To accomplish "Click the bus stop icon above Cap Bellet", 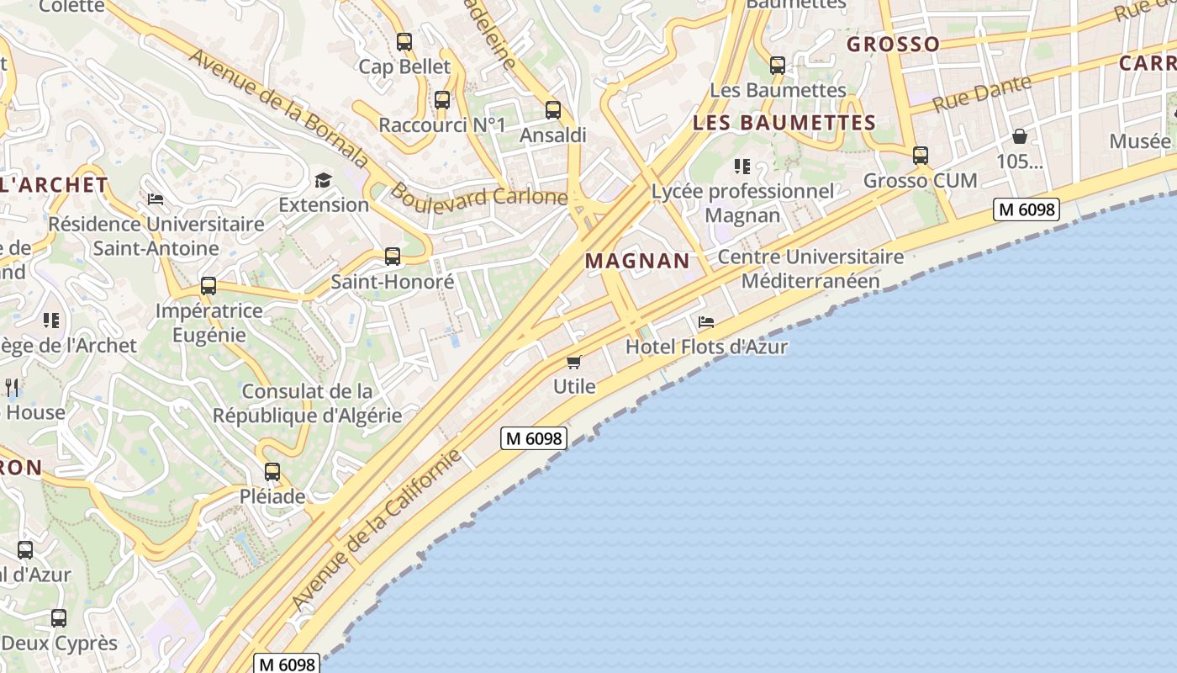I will pos(404,41).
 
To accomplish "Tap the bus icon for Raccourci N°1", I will pos(442,100).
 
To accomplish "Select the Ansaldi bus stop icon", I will pos(552,109).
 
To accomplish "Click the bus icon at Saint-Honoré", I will pos(393,257).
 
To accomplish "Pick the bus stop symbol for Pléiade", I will pos(272,472).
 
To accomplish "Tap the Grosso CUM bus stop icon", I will pos(921,156).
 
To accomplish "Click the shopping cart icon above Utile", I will pos(574,362).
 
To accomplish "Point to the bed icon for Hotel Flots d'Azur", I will pos(706,322).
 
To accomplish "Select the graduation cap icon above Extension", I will pos(324,179).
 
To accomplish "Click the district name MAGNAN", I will pos(637,261).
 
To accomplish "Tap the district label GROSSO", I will pos(893,44).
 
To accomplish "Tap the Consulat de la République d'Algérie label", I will pos(307,403).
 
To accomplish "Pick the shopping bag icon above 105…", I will pos(1020,136).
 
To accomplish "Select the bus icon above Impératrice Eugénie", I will pos(208,286).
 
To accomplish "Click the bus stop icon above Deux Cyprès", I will pos(59,618).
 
